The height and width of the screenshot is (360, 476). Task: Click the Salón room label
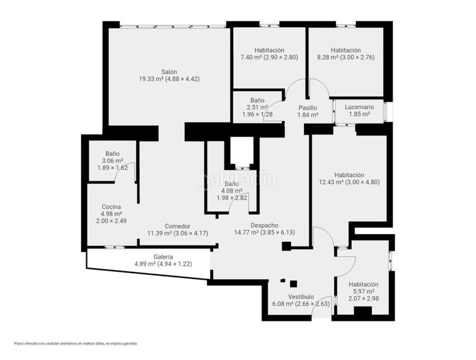[169, 72]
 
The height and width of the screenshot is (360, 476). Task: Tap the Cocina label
[112, 207]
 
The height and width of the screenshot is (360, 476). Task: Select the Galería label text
[163, 257]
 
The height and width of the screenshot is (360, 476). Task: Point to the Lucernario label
[359, 107]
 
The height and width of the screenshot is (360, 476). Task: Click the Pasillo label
[308, 108]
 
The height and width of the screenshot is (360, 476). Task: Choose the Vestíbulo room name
[301, 296]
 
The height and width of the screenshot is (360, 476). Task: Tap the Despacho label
[264, 226]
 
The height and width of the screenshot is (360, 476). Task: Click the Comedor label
[177, 226]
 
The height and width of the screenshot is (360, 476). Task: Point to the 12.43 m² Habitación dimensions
[363, 182]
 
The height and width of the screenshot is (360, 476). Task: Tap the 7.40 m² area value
[251, 57]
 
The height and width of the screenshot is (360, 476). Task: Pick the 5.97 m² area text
[364, 292]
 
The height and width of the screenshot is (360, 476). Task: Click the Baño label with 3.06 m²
[112, 154]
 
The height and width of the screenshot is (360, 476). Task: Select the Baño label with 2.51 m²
[257, 100]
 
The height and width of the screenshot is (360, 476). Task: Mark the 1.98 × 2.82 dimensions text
[232, 198]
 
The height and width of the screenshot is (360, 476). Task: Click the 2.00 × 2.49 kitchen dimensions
[112, 221]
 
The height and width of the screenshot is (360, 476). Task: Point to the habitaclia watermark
[238, 179]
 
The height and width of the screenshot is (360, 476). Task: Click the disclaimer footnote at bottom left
[76, 344]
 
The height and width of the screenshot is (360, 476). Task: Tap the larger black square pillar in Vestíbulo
[293, 284]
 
